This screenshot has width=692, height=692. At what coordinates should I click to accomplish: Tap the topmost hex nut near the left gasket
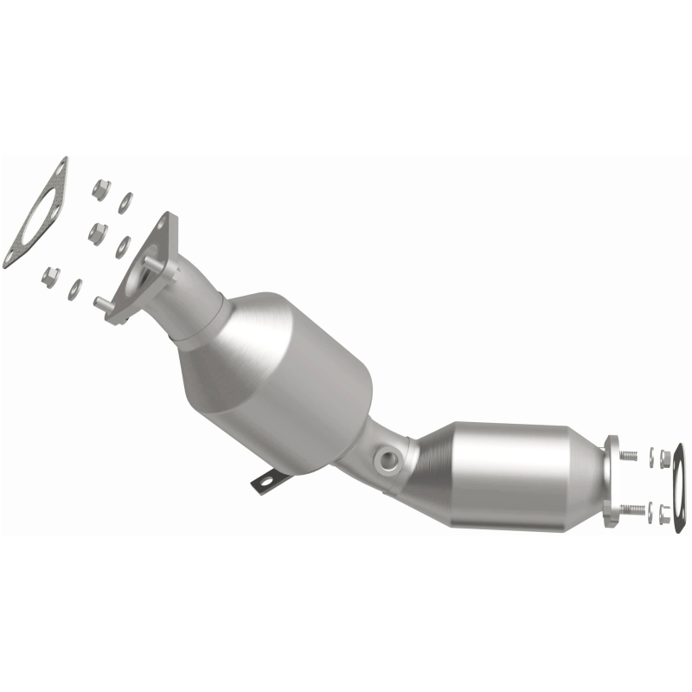(x=99, y=186)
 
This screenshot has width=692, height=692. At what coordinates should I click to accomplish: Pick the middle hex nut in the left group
(x=98, y=232)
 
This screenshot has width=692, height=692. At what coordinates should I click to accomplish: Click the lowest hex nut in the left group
(x=51, y=275)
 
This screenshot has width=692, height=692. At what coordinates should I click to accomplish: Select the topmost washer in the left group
(x=125, y=202)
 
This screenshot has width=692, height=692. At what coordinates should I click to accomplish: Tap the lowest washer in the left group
(x=75, y=289)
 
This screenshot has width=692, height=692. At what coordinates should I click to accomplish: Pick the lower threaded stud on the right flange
(x=636, y=509)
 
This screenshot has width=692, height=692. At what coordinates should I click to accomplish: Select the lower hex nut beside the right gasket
(x=664, y=516)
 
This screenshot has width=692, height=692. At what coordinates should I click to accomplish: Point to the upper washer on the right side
(x=653, y=457)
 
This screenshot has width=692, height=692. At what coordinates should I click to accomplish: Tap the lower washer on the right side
(x=653, y=512)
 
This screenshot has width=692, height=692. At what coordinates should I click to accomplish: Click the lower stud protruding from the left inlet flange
(x=101, y=302)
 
